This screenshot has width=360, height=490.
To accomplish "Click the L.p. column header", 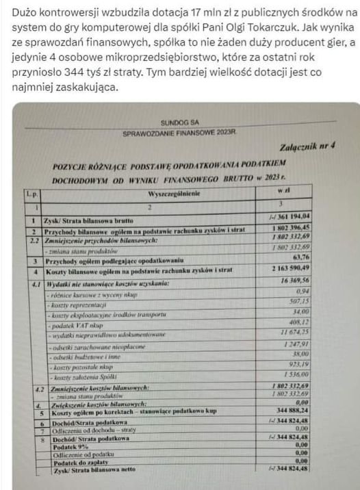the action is (31, 194).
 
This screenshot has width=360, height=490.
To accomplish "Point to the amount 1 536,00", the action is (310, 375).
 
